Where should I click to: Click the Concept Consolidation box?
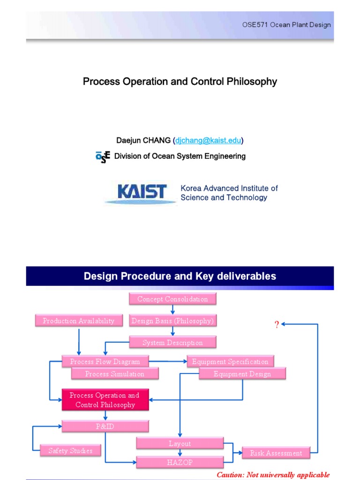(x=172, y=299)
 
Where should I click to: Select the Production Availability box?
(x=78, y=321)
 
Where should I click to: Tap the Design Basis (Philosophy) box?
(x=172, y=321)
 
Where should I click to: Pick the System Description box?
(x=172, y=343)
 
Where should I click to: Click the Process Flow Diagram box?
(x=105, y=361)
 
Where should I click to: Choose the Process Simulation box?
(x=115, y=374)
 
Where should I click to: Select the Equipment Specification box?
(x=230, y=361)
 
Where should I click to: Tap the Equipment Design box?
(x=242, y=374)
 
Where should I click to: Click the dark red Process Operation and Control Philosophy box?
(x=105, y=400)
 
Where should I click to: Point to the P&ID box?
(x=105, y=426)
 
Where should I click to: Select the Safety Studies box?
(x=70, y=451)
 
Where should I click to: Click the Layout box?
(x=180, y=443)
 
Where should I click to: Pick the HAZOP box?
(x=180, y=463)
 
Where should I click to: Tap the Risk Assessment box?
(x=276, y=453)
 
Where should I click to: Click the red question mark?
(x=277, y=325)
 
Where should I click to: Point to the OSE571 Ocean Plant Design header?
(x=286, y=25)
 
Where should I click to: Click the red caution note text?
(x=273, y=475)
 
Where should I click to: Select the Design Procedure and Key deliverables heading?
(x=180, y=276)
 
